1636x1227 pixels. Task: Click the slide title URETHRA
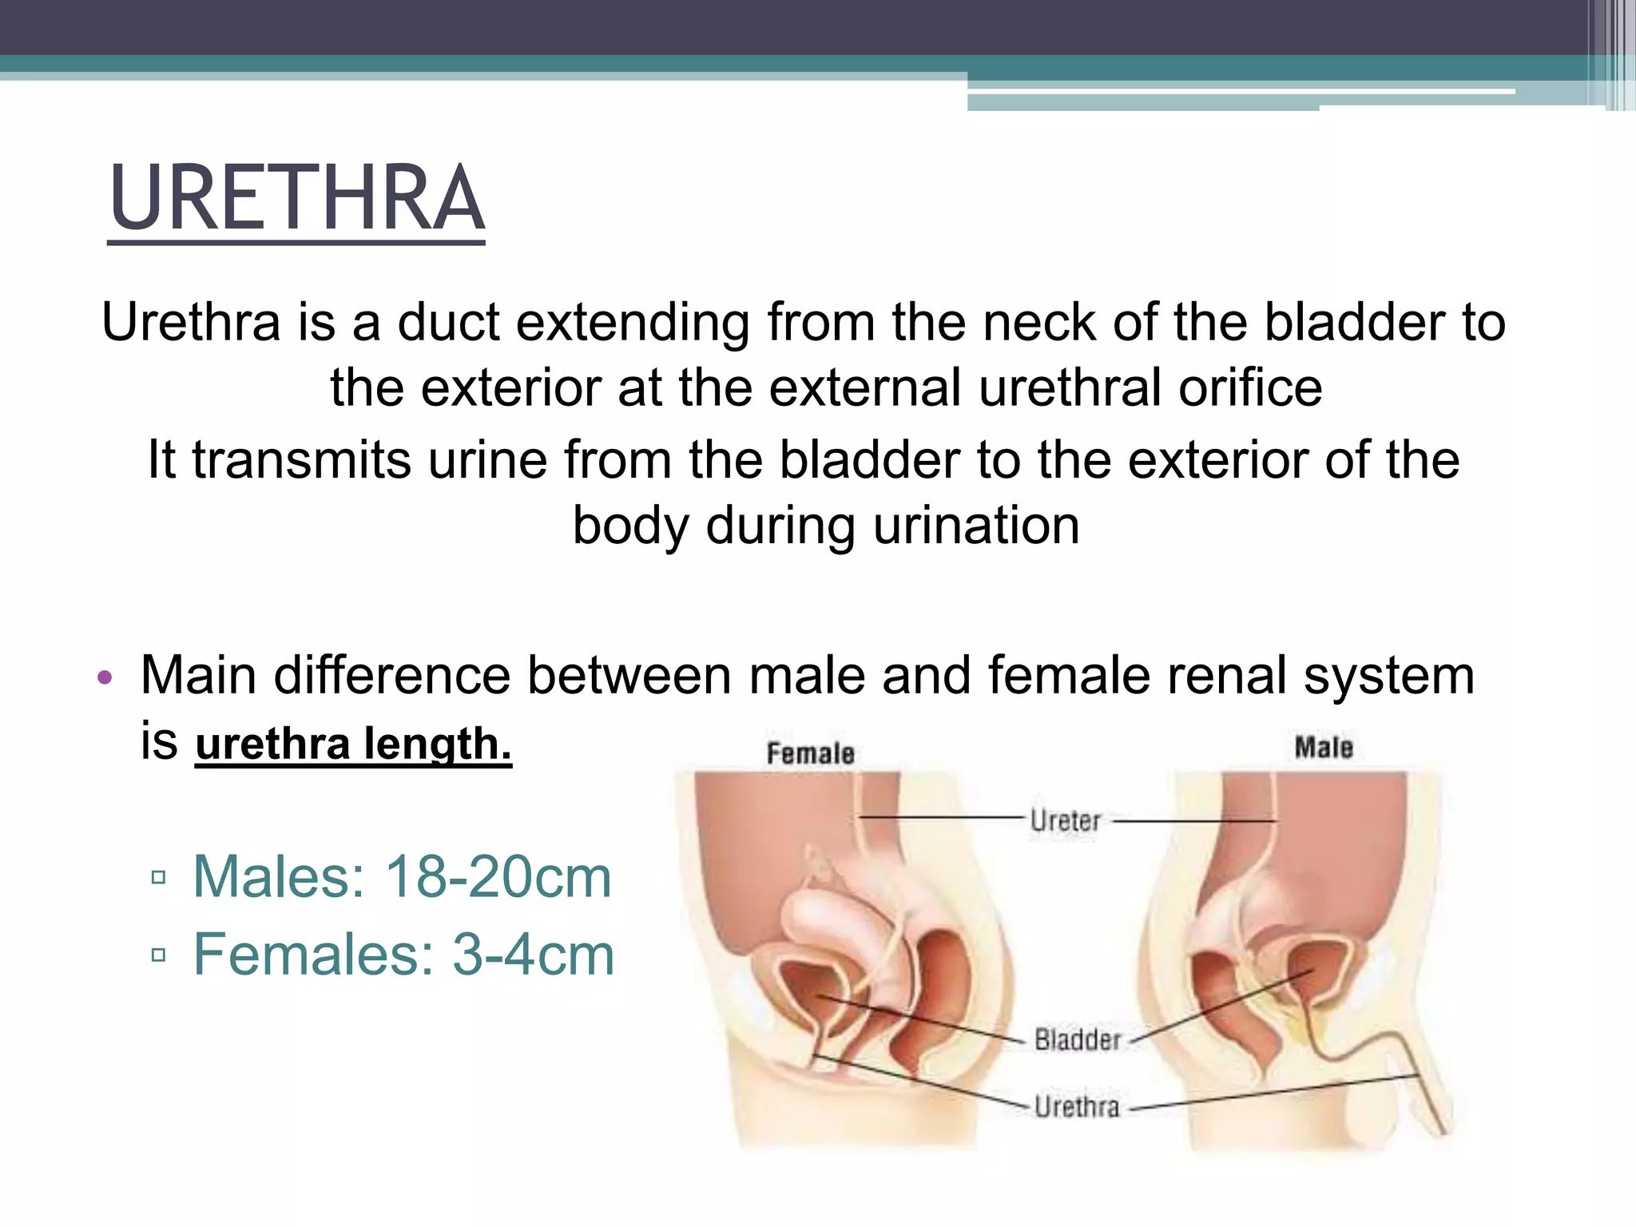pos(296,198)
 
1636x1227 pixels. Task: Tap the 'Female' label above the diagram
pos(810,753)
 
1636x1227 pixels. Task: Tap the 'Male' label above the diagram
pos(1324,748)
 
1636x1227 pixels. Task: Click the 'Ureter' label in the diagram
pos(1066,820)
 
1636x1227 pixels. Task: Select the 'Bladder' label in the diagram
pos(1078,1039)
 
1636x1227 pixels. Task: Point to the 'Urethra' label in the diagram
pos(1077,1106)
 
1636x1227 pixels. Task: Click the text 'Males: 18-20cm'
pos(402,877)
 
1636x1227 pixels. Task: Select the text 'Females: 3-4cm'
pos(403,955)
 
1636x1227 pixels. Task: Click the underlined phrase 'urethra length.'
pos(353,744)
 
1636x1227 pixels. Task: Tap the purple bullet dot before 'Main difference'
pos(105,678)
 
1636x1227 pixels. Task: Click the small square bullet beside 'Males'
pos(158,878)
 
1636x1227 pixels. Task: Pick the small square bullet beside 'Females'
pos(158,955)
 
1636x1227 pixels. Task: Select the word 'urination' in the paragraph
pos(976,526)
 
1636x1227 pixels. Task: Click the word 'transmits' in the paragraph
pos(301,460)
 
